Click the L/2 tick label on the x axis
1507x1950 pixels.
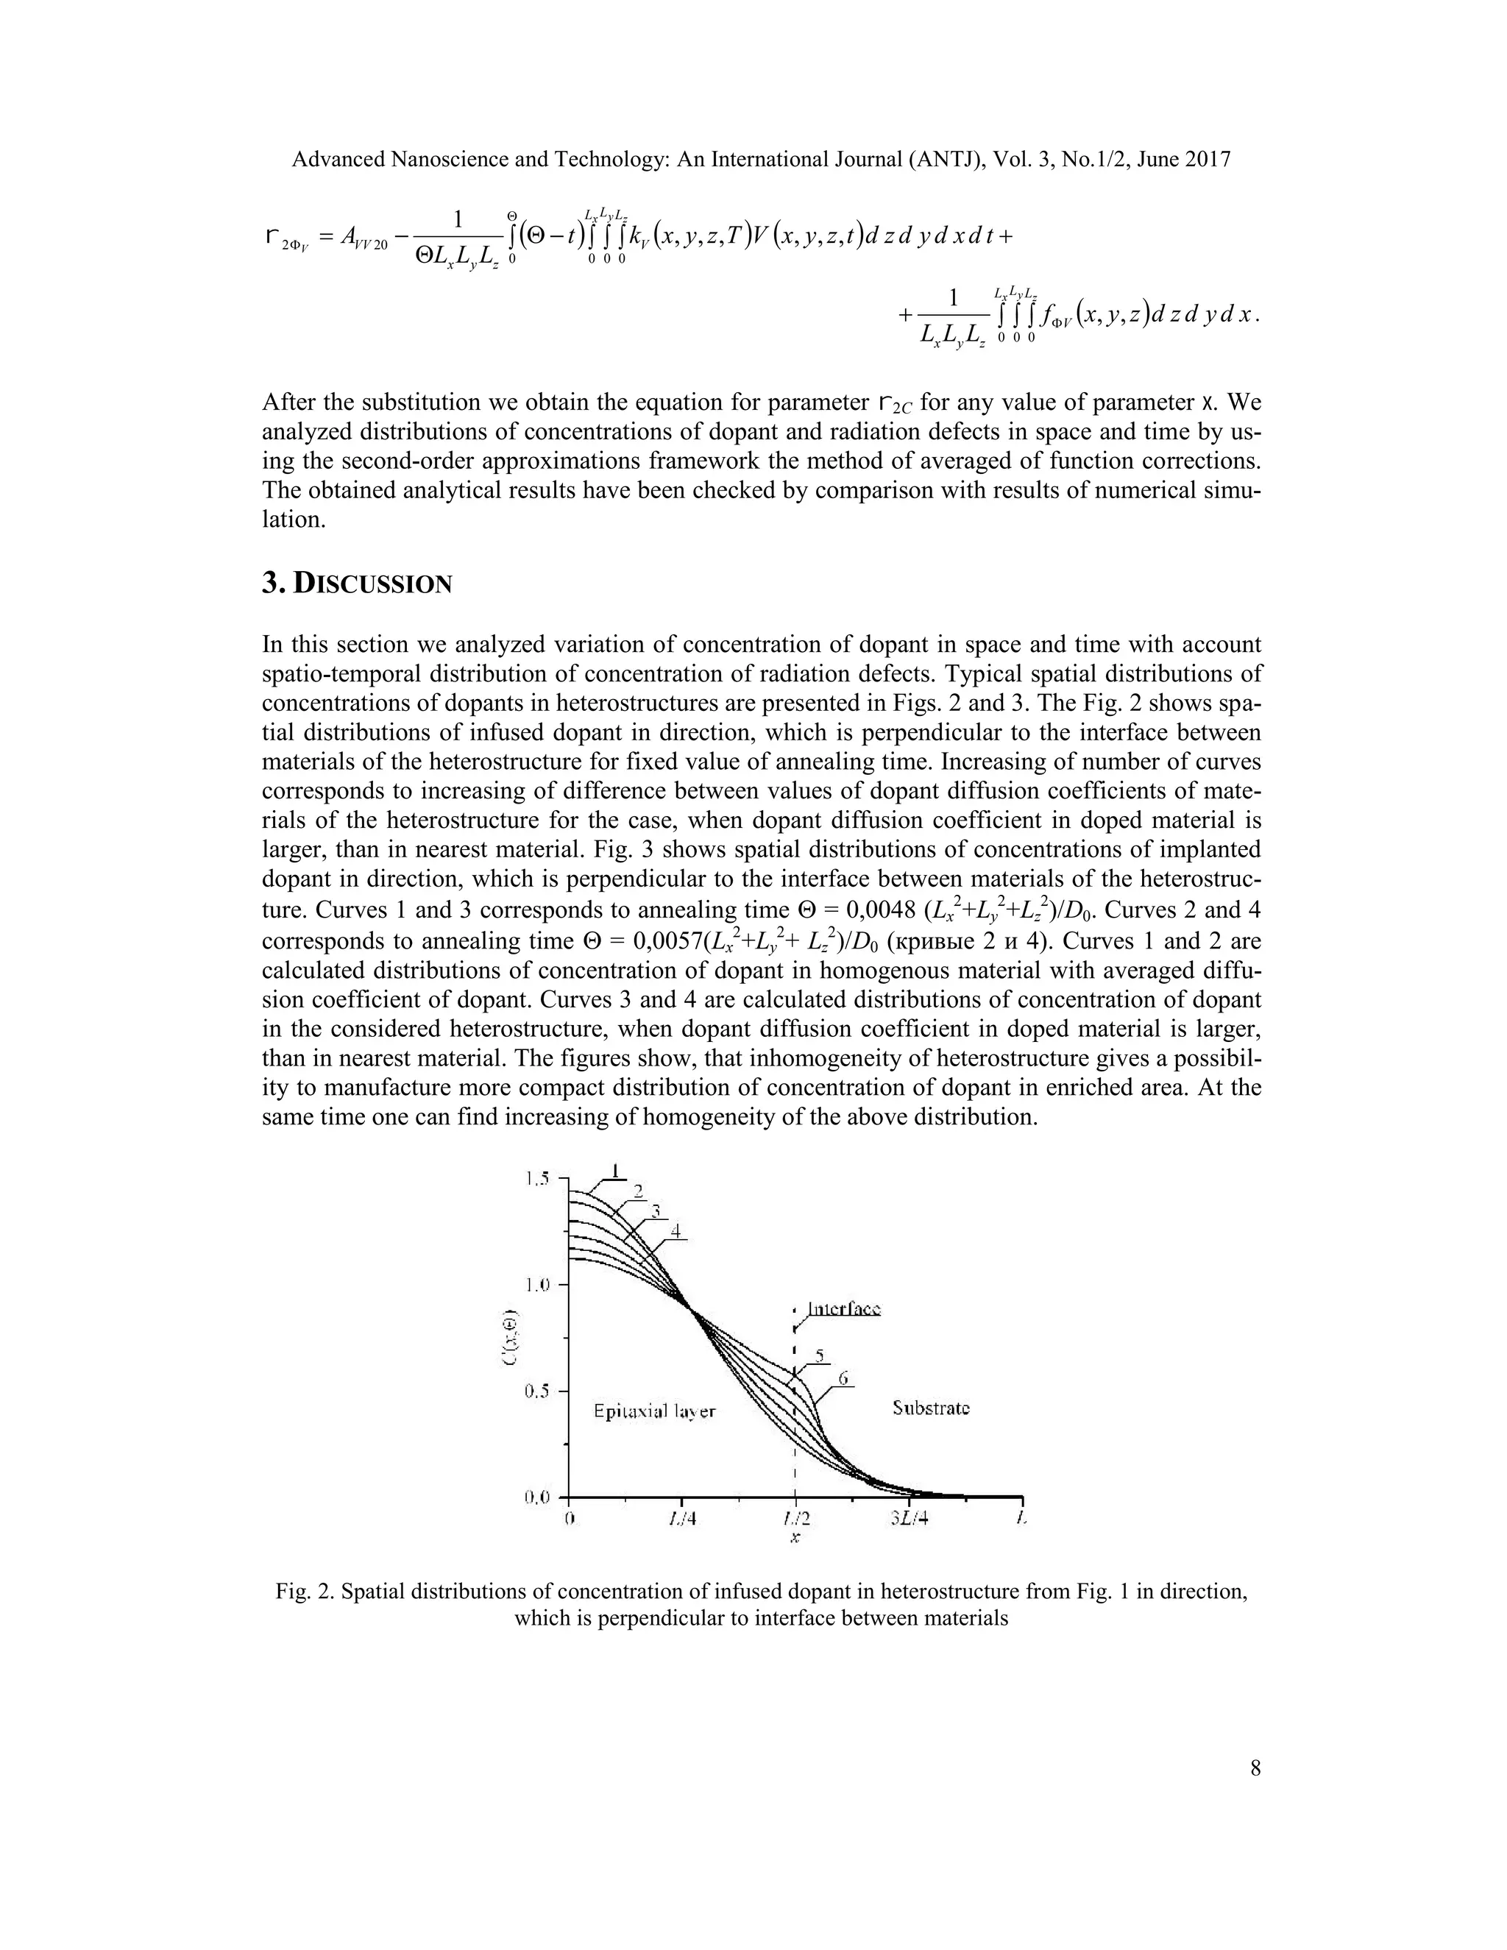795,1520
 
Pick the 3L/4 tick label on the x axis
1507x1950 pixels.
909,1520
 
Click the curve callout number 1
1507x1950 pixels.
614,1170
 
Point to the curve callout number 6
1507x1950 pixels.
842,1378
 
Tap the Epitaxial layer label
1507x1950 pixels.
654,1413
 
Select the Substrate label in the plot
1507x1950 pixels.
931,1408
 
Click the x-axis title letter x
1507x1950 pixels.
795,1539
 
